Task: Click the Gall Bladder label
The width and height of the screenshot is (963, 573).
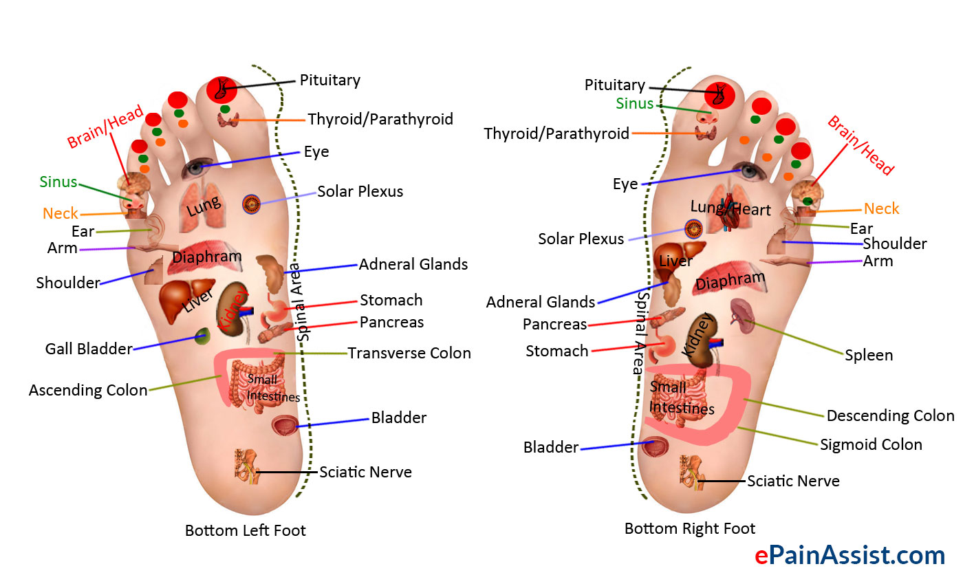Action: point(89,349)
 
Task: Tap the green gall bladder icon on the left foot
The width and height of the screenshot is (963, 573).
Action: point(202,336)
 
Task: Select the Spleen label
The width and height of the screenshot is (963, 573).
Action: point(869,355)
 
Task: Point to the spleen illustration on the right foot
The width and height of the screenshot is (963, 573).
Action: point(742,312)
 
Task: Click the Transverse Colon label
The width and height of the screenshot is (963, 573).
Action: point(409,353)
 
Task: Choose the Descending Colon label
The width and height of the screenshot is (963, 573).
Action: point(890,415)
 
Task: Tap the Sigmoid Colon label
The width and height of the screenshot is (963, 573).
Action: point(871,444)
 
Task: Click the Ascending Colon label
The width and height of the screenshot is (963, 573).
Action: point(88,390)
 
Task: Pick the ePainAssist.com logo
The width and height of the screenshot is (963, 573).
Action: point(850,554)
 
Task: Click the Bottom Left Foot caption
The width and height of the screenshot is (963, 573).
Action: point(246,530)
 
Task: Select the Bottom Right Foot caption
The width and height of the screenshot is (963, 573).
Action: point(690,528)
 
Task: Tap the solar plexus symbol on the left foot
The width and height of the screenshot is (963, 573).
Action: point(251,204)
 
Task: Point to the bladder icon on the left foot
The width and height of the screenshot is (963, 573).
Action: point(283,426)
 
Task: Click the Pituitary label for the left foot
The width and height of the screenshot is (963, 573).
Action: point(330,80)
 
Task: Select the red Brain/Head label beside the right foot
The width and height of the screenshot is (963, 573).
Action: point(861,145)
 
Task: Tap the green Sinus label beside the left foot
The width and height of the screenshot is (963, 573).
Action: point(58,182)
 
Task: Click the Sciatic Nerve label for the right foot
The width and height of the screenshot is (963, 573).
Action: point(793,481)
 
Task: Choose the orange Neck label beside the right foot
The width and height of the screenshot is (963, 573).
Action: point(882,208)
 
